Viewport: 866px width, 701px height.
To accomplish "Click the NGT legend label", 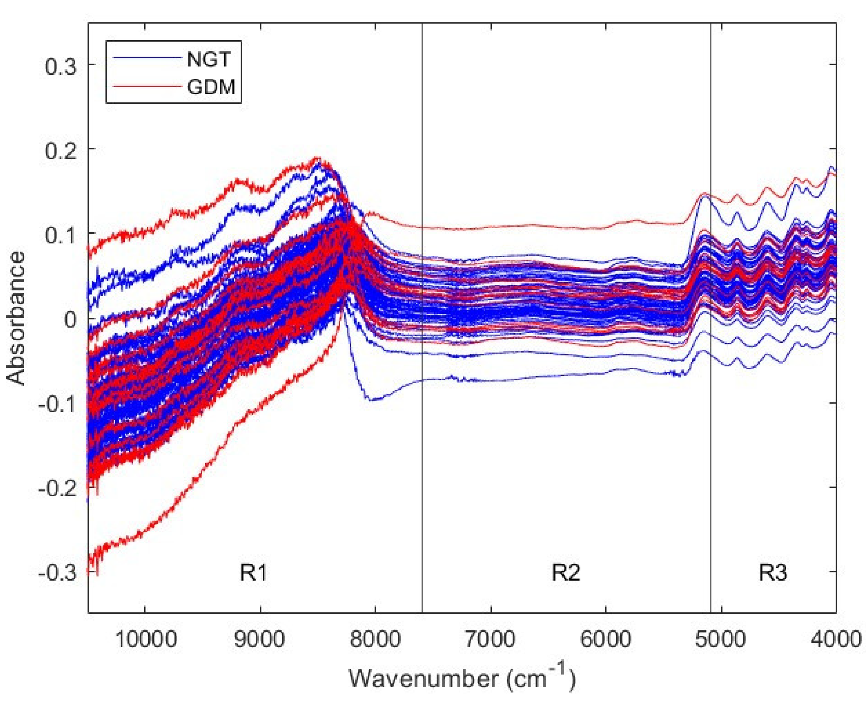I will pyautogui.click(x=209, y=60).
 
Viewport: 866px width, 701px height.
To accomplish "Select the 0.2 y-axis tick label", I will pyautogui.click(x=61, y=151).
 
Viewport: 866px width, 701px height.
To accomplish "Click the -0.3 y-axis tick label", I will pyautogui.click(x=57, y=573).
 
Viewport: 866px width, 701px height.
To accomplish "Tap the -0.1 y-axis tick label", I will pyautogui.click(x=57, y=404).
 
